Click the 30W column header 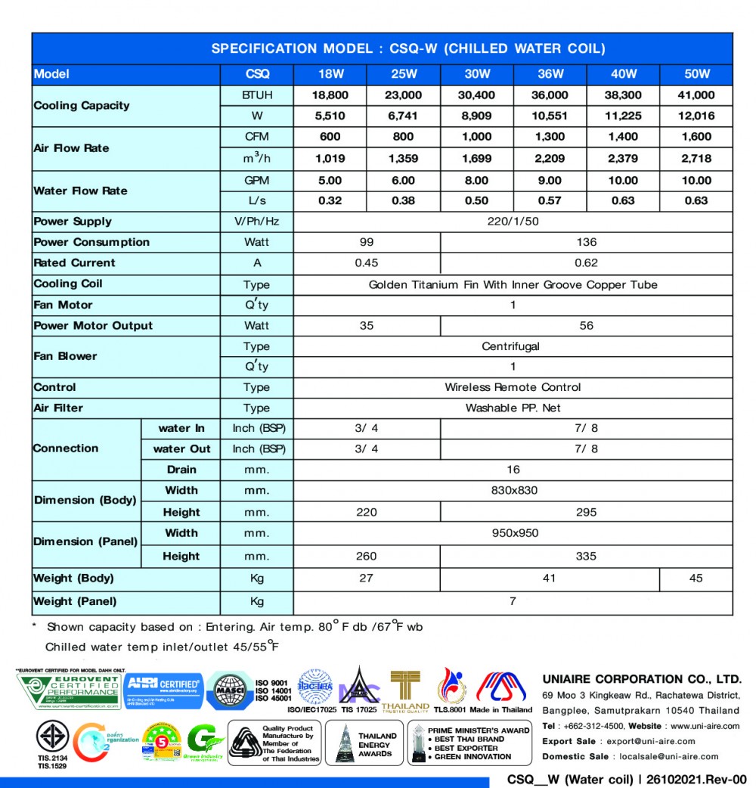[477, 74]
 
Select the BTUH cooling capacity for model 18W [330, 95]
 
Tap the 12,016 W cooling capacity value [696, 116]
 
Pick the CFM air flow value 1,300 [550, 137]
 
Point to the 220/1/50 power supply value [513, 222]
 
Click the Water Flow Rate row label [80, 191]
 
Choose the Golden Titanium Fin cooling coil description [513, 285]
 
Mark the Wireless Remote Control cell [513, 387]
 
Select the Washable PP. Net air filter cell [513, 408]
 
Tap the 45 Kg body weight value [696, 579]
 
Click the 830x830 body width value [514, 490]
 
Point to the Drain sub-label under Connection [181, 470]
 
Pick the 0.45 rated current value [367, 263]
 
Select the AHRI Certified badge [163, 690]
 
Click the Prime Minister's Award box [469, 743]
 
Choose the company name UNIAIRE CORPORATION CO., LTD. [642, 679]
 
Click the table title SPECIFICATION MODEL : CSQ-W [408, 48]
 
